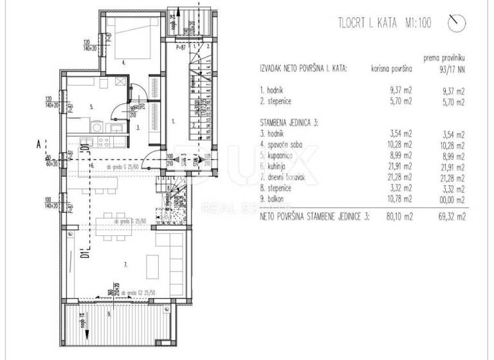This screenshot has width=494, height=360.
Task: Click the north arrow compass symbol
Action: pyautogui.click(x=458, y=22)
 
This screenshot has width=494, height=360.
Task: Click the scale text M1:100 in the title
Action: pyautogui.click(x=417, y=24)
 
